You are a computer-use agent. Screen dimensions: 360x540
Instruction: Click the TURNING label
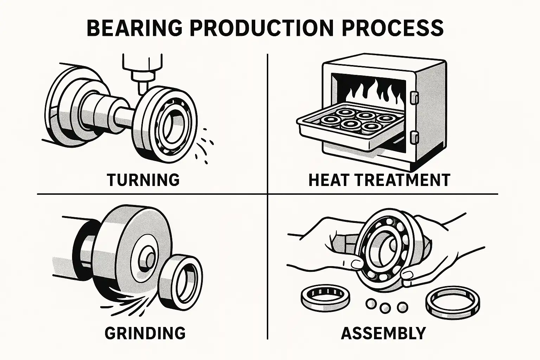pos(143,180)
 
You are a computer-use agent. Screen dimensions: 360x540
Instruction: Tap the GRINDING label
pos(145,333)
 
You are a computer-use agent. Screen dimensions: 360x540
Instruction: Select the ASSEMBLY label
pos(383,333)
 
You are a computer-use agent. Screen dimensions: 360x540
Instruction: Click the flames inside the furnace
pos(373,93)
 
